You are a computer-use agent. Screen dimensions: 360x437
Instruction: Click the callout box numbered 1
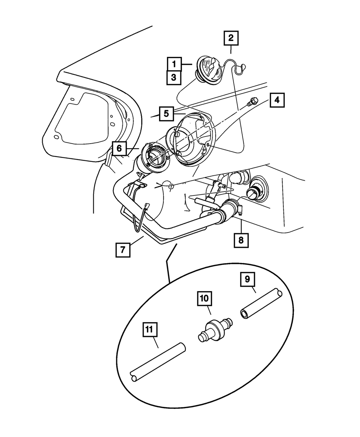[x=174, y=64]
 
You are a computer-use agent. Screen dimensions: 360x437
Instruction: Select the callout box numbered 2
[x=231, y=38]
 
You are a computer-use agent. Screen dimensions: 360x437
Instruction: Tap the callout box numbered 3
[x=174, y=78]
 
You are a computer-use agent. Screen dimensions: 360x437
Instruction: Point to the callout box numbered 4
[x=277, y=100]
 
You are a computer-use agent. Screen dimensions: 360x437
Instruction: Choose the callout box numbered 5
[x=166, y=114]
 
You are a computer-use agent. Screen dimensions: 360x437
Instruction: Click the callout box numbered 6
[x=119, y=148]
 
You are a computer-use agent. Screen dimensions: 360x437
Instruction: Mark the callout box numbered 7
[x=123, y=250]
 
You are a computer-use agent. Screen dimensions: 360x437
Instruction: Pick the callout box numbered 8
[x=241, y=240]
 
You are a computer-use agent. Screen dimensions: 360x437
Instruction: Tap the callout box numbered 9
[x=248, y=279]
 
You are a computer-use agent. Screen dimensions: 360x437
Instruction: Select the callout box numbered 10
[x=204, y=298]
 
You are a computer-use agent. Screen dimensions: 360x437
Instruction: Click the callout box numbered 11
[x=150, y=330]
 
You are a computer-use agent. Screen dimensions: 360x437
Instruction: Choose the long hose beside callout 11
[x=158, y=362]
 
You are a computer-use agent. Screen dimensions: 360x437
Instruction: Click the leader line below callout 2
[x=231, y=50]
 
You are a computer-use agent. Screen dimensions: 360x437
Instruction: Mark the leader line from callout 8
[x=241, y=226]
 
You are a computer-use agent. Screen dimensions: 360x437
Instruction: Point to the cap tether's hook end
[x=243, y=67]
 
